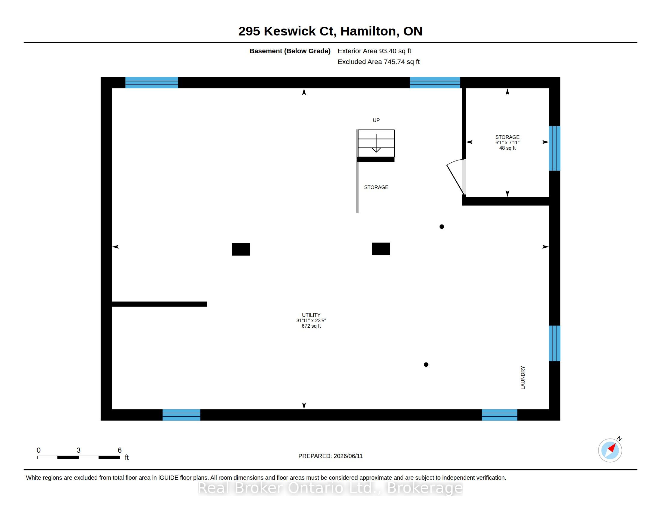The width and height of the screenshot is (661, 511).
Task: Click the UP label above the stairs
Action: coord(376,120)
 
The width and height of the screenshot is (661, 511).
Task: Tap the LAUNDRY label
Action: coord(523,378)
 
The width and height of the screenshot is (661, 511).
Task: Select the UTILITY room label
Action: coord(311,315)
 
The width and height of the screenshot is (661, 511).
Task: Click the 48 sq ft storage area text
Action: coord(507,148)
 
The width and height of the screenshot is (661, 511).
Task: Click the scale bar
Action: coord(78,457)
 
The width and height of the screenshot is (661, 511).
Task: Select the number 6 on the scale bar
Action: coord(120,450)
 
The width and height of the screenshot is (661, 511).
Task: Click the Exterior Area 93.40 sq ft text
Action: coord(374,51)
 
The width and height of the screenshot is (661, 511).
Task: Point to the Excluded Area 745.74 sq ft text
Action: coord(379,62)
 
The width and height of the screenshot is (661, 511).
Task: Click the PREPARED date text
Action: coord(330,456)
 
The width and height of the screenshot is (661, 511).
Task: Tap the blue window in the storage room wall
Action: coord(554,148)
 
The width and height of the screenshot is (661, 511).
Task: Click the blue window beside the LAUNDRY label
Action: coord(554,343)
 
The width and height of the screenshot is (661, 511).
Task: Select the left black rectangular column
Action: coord(241,249)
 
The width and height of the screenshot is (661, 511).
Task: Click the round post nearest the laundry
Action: coord(426,365)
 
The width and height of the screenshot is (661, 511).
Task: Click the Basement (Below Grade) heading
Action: coord(290,51)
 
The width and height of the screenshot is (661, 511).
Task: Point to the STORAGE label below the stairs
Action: coord(376,187)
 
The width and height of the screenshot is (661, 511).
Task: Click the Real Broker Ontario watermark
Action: coord(330,488)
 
